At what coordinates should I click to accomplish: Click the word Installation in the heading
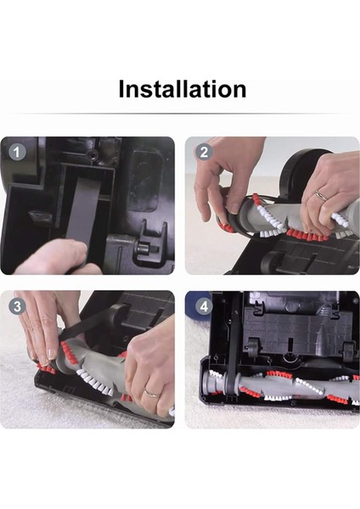[182, 88]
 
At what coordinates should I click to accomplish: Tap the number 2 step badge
[203, 152]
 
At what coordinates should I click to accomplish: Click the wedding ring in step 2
[320, 195]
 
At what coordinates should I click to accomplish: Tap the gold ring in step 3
[149, 392]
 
